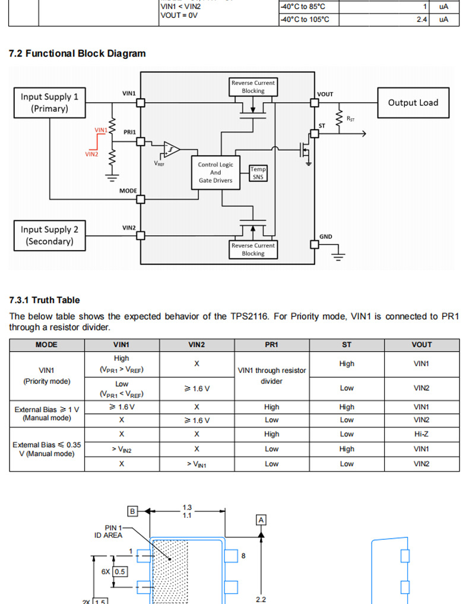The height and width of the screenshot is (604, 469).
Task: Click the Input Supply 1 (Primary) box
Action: (x=49, y=102)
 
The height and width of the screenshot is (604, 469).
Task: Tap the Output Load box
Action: (x=413, y=103)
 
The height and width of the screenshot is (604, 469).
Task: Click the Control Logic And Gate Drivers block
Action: (x=216, y=173)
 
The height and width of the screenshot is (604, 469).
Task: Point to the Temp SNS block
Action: (x=258, y=173)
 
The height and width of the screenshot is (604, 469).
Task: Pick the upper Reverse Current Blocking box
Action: (x=253, y=87)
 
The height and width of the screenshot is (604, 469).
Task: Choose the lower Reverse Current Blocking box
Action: (x=253, y=249)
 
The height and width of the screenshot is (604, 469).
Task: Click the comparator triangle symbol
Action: (x=172, y=148)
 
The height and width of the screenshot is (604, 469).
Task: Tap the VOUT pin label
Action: (x=325, y=94)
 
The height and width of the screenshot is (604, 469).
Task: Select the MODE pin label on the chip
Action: (x=128, y=191)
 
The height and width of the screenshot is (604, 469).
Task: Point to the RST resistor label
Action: (x=350, y=119)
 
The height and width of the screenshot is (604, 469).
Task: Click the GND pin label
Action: (x=326, y=236)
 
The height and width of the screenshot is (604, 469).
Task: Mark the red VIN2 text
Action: (x=91, y=154)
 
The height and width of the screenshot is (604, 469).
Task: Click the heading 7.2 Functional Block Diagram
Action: (x=77, y=53)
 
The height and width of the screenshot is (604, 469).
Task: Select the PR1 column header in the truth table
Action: (x=271, y=344)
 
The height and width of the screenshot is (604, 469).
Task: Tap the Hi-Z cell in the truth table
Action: (x=422, y=434)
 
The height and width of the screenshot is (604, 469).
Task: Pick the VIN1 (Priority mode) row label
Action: (x=47, y=375)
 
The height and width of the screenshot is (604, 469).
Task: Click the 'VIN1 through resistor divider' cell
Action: (x=272, y=375)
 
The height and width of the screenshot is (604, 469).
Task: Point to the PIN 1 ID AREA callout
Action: (x=108, y=531)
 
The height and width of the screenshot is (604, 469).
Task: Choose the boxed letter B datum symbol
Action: (x=133, y=511)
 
